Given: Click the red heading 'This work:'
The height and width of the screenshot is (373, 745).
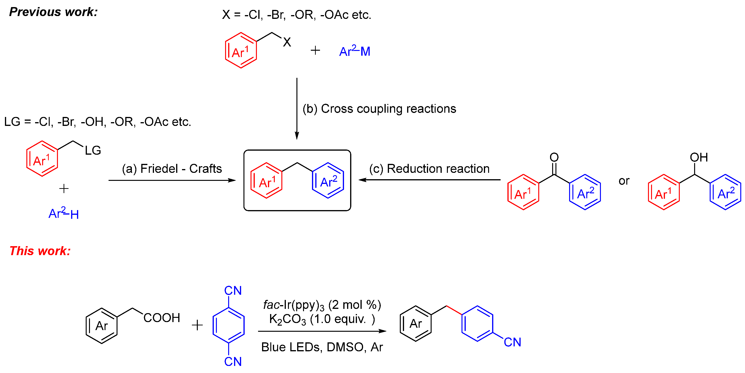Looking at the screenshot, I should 40,251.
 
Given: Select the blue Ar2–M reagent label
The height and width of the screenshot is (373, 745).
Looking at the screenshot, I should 355,51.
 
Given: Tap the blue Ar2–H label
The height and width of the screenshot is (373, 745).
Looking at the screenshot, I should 64,214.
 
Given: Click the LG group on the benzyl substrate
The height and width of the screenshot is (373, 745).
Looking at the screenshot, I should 93,150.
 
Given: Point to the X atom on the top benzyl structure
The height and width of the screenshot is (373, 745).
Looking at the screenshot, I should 287,42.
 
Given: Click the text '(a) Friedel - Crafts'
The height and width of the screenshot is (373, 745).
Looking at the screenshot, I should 172,169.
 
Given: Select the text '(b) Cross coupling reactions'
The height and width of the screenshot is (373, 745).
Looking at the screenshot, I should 379,109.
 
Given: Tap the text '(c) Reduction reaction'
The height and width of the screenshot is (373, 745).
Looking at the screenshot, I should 429,169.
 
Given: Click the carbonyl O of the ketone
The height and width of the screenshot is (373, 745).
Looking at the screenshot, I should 554,157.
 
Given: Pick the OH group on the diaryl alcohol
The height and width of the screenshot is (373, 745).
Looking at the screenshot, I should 698,157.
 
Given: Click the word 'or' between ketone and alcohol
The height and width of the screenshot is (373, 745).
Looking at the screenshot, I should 624,181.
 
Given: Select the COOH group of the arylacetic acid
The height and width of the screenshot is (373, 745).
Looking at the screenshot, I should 162,318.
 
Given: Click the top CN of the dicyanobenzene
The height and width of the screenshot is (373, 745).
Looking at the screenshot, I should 233,290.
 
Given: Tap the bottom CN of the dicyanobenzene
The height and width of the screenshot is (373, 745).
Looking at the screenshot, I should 233,361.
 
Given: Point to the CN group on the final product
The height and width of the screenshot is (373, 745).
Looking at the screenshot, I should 512,342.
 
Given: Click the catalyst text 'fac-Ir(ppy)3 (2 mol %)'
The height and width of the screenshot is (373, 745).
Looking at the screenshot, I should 322,305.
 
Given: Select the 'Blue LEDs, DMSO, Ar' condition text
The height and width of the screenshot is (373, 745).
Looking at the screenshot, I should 322,347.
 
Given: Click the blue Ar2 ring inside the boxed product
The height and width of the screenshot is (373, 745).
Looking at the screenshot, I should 328,181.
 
